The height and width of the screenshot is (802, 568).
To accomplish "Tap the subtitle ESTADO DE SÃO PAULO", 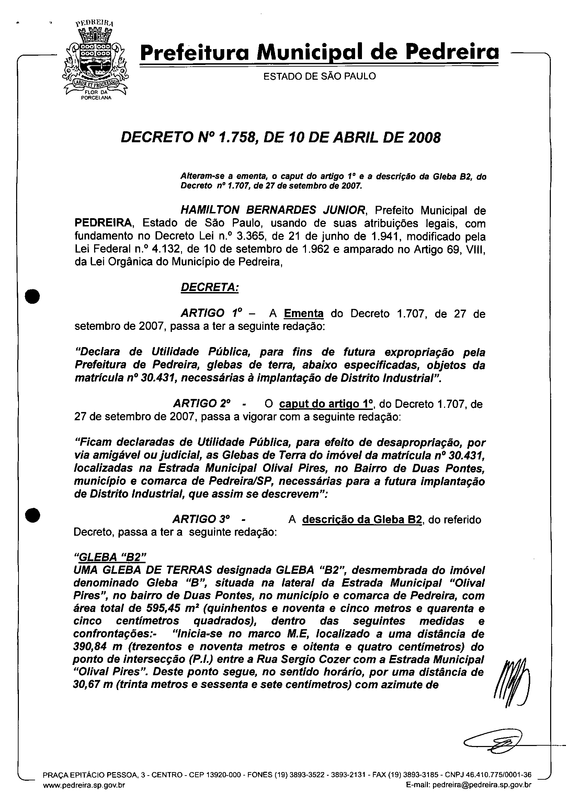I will click(319, 76).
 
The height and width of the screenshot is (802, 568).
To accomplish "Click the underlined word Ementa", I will click(304, 313).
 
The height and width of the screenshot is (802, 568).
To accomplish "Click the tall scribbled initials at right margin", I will click(512, 686).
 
